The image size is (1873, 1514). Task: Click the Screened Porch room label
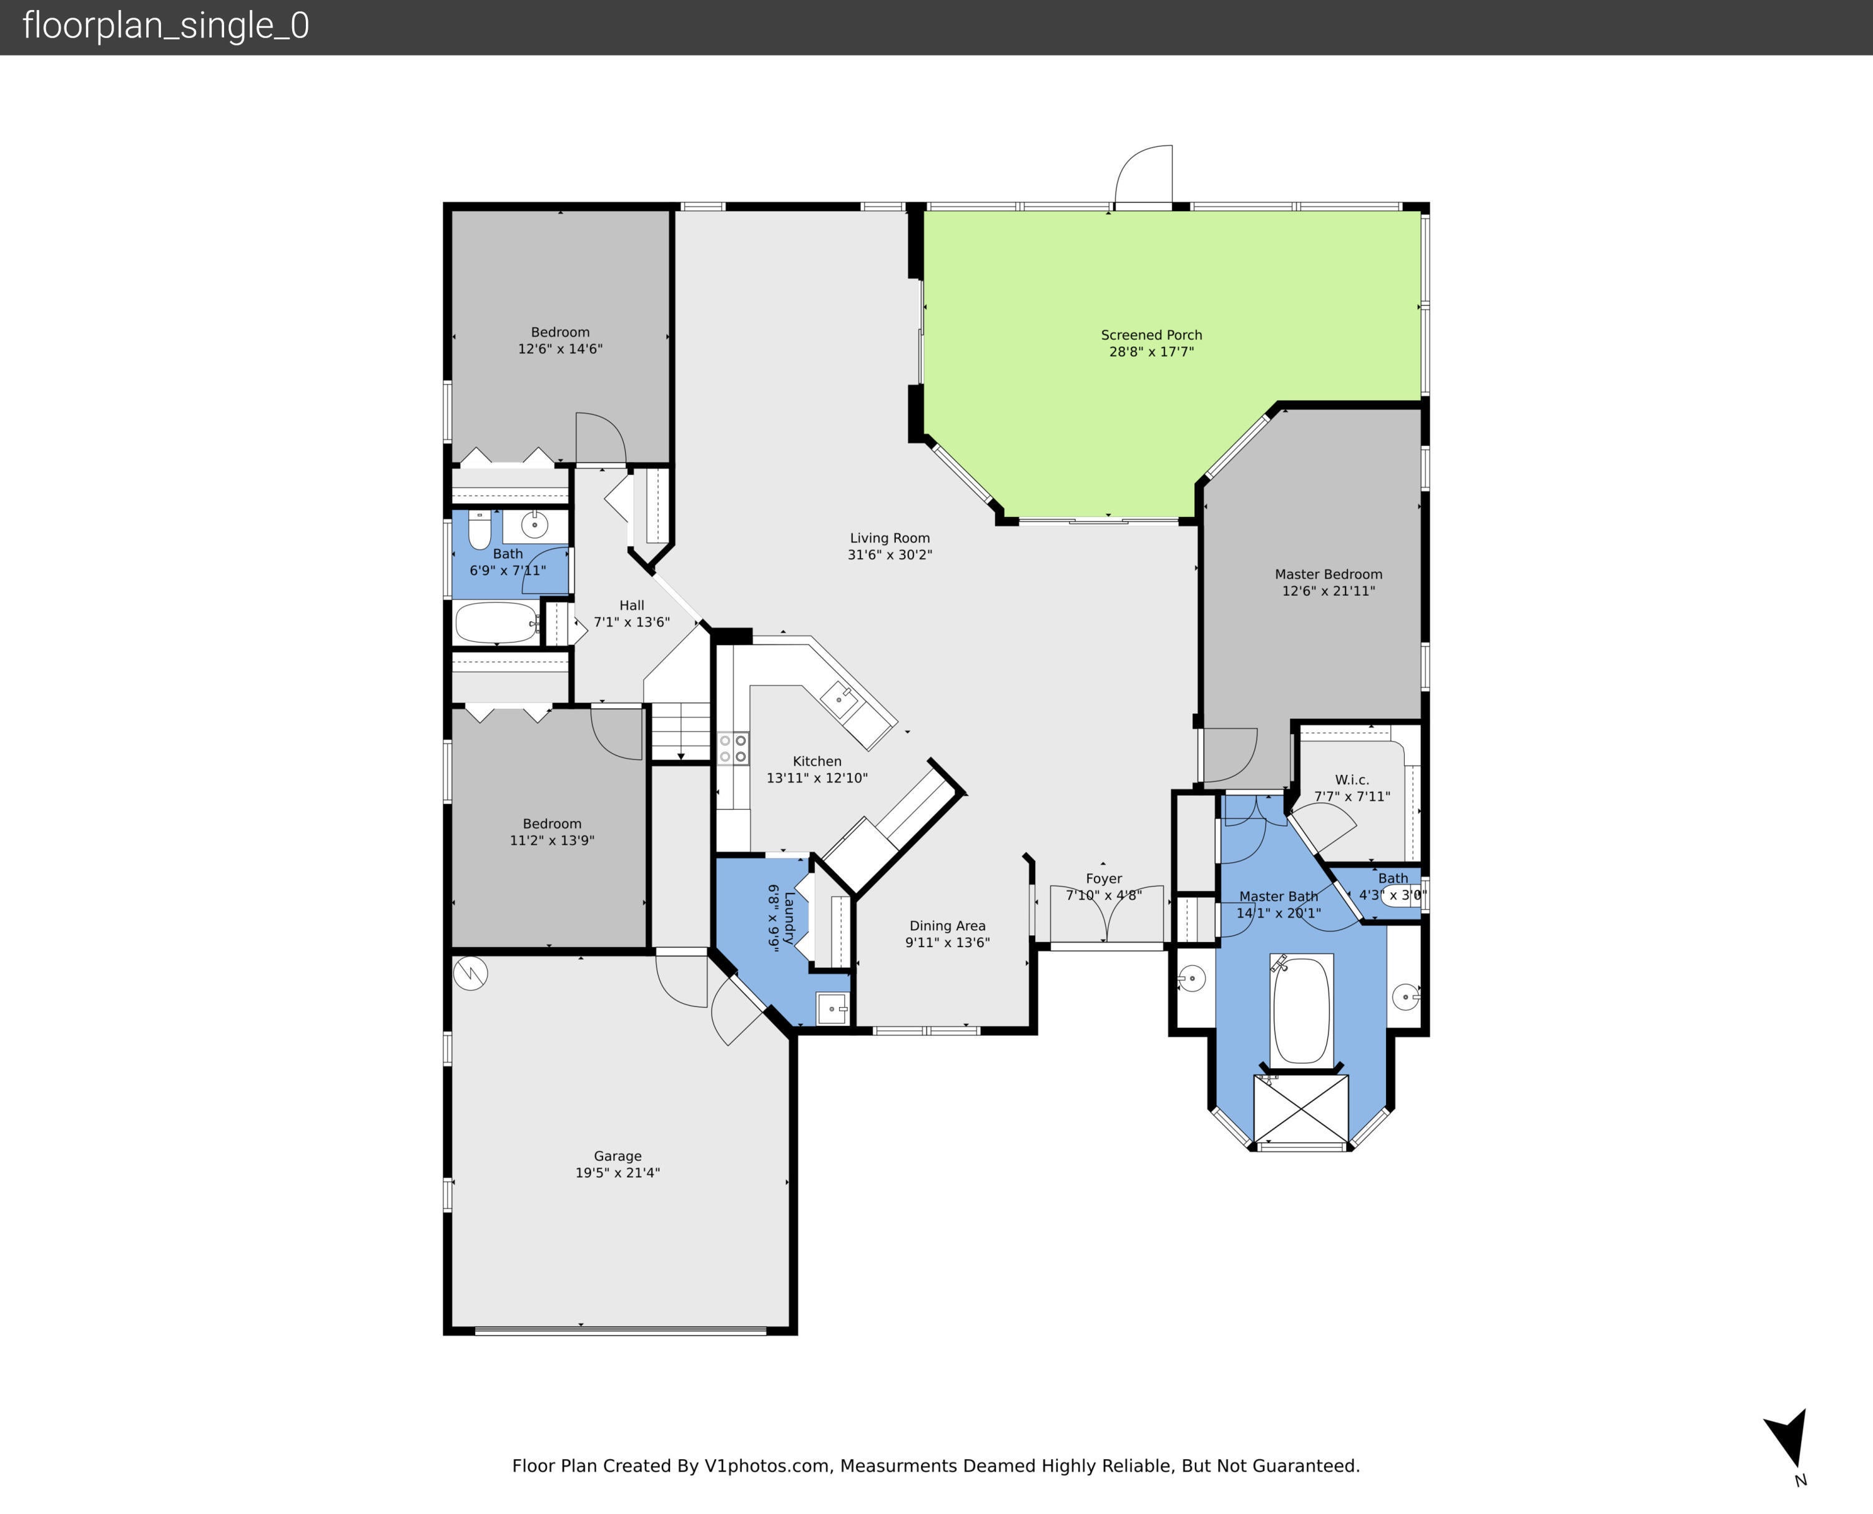tap(1151, 335)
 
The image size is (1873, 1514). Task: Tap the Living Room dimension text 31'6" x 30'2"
tap(890, 554)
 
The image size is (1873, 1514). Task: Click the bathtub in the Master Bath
tap(1301, 1010)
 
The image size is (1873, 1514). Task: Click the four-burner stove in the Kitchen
tap(732, 749)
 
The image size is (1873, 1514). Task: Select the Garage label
tap(617, 1156)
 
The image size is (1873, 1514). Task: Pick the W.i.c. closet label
tap(1352, 780)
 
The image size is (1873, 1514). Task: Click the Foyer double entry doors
tap(1106, 914)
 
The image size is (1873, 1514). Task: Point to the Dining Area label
tap(947, 926)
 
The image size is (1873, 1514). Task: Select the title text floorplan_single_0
tap(165, 26)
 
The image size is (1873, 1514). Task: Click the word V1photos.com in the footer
tap(767, 1466)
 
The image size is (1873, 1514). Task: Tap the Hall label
tap(631, 605)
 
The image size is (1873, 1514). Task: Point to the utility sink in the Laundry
tap(832, 1009)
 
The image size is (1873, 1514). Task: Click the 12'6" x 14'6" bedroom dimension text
tap(560, 349)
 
